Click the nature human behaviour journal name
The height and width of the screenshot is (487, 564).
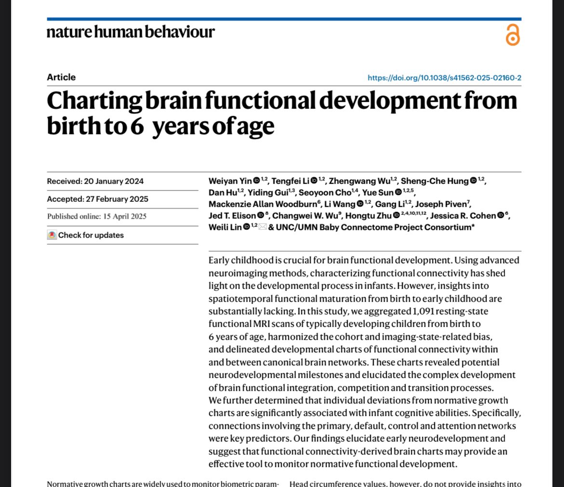click(x=131, y=32)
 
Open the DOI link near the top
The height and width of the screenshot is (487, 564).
click(x=444, y=78)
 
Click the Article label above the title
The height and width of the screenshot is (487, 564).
click(x=61, y=77)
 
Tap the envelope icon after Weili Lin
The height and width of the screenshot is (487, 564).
click(x=263, y=227)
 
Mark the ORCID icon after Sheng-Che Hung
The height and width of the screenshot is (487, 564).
click(x=473, y=181)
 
